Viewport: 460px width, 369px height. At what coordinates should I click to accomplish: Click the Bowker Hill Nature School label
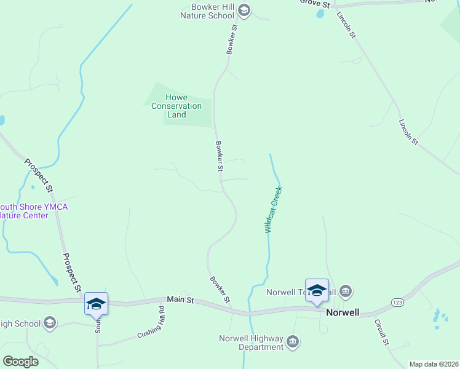[213, 11]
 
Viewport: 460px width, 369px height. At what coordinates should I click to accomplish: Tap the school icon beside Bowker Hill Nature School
[244, 10]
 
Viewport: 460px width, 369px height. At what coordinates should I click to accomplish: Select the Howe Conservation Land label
[176, 106]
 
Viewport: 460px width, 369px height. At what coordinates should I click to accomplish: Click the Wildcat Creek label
[273, 210]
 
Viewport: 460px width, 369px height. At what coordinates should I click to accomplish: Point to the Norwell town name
[343, 312]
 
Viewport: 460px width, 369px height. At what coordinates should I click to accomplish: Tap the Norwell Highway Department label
[251, 343]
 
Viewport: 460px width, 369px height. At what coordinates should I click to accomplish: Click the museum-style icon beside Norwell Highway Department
[293, 341]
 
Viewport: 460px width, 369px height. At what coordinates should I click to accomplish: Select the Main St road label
[181, 300]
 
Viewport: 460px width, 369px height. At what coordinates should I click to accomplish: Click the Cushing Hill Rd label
[151, 321]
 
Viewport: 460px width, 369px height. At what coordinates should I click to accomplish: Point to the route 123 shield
[397, 303]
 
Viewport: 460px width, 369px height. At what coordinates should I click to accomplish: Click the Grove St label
[315, 4]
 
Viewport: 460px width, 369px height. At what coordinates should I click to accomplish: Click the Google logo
[20, 362]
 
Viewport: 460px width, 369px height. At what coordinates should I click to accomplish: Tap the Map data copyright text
[433, 364]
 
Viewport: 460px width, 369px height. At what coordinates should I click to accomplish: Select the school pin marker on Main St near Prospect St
[97, 304]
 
